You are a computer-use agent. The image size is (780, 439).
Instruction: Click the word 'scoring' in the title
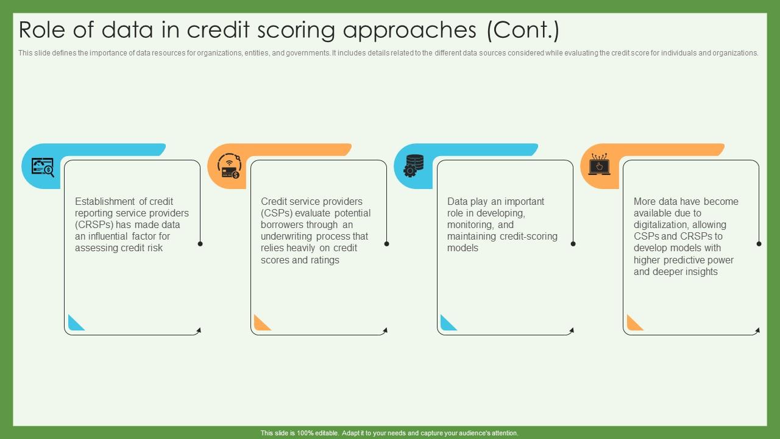pyautogui.click(x=296, y=30)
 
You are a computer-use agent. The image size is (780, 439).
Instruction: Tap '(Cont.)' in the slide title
pyautogui.click(x=523, y=30)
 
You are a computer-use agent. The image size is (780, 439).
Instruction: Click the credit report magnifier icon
pyautogui.click(x=43, y=167)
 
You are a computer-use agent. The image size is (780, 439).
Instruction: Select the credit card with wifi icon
pyautogui.click(x=229, y=166)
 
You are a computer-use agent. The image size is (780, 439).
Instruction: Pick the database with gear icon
pyautogui.click(x=414, y=166)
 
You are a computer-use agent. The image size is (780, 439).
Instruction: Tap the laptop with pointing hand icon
pyautogui.click(x=599, y=164)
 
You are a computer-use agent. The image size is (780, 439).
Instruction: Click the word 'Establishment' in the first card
pyautogui.click(x=105, y=201)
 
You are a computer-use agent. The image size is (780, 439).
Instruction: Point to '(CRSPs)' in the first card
pyautogui.click(x=94, y=225)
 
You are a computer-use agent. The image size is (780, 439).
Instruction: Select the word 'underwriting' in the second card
pyautogui.click(x=287, y=237)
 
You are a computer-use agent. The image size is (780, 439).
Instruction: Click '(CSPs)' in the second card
pyautogui.click(x=277, y=213)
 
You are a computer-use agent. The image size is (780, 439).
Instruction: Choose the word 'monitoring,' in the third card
pyautogui.click(x=470, y=225)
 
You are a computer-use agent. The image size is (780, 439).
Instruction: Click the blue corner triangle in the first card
pyautogui.click(x=76, y=323)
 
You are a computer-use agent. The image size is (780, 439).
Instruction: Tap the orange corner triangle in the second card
pyautogui.click(x=263, y=323)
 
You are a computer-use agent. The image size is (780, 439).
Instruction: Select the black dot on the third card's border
pyautogui.click(x=573, y=244)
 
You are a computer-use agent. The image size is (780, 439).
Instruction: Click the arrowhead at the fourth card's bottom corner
pyautogui.click(x=757, y=330)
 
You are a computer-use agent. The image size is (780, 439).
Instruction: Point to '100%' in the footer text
pyautogui.click(x=305, y=433)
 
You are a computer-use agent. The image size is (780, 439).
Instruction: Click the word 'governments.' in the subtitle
pyautogui.click(x=308, y=53)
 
